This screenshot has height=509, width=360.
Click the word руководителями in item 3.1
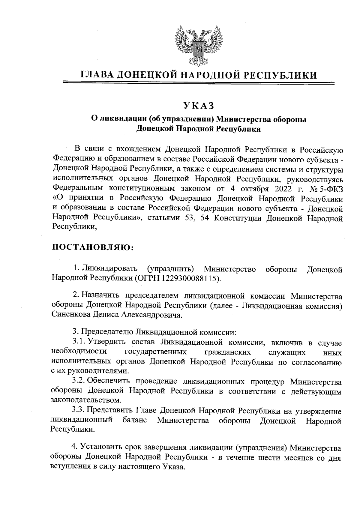[x=96, y=371]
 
